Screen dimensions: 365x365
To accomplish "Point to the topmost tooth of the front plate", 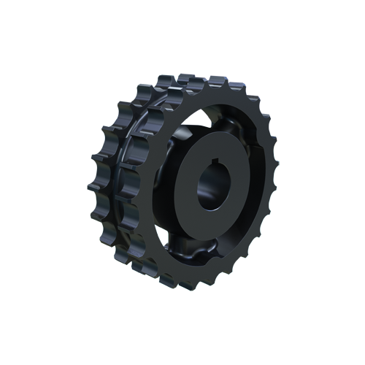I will click(219, 79).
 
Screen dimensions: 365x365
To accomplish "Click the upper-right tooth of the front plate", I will click(259, 109).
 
